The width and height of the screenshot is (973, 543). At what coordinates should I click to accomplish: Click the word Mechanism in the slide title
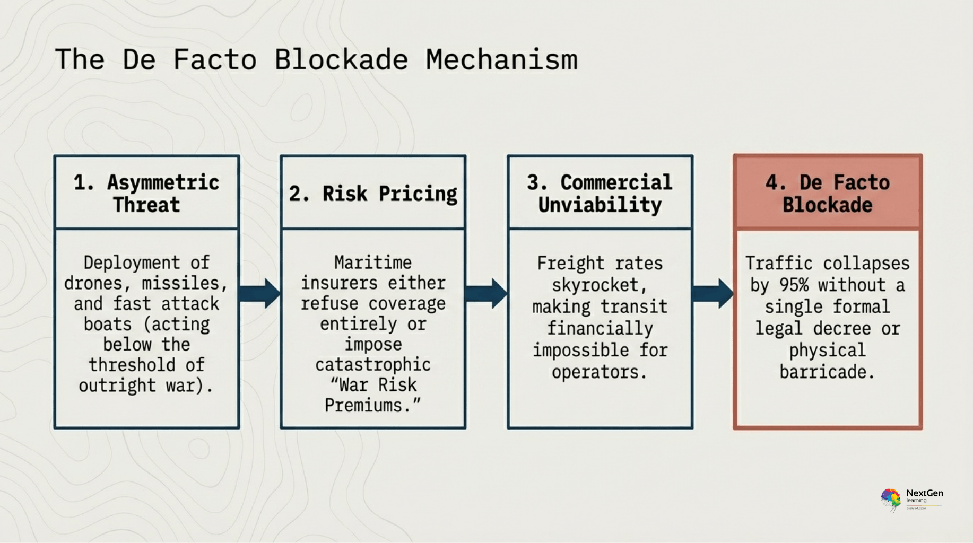tap(501, 59)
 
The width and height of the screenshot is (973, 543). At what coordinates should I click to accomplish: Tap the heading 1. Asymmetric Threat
tap(146, 193)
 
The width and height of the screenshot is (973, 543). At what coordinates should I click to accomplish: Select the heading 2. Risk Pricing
tap(373, 194)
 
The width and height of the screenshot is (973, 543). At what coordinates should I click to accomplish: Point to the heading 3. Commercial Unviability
tap(600, 193)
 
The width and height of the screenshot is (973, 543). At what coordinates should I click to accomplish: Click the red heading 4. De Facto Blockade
tap(827, 193)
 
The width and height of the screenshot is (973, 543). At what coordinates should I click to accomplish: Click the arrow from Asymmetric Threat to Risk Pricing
tap(259, 293)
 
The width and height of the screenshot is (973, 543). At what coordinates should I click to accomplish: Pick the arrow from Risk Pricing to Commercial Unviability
tap(486, 293)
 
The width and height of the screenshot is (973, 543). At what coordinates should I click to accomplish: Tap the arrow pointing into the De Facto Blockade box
tap(713, 293)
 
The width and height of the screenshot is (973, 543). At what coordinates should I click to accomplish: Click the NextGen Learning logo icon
tap(891, 500)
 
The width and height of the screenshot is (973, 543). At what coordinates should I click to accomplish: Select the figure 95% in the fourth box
tap(794, 285)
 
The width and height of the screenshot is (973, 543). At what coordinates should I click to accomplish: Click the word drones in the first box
tap(94, 283)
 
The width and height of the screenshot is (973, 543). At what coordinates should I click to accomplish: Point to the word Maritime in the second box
tap(373, 262)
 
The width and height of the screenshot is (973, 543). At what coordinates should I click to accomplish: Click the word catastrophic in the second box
tap(373, 365)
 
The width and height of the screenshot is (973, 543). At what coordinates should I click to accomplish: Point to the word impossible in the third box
tap(581, 351)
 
